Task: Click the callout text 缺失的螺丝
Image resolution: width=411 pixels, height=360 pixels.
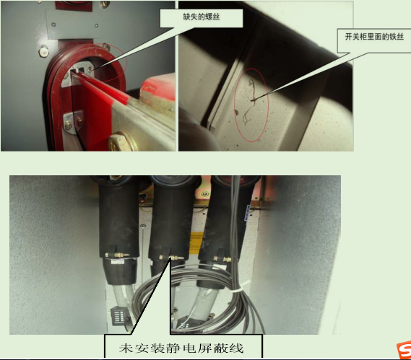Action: point(201,17)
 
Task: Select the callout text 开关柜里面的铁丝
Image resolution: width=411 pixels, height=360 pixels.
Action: point(374,37)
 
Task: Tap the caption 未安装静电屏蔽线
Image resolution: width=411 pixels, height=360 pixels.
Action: point(181,348)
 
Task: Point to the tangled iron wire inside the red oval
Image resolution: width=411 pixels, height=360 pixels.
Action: point(250,102)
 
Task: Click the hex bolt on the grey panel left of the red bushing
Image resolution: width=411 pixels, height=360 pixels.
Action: point(43,51)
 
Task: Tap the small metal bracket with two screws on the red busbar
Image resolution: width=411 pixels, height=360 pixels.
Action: point(74,121)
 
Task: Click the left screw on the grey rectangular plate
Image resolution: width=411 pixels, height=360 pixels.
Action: point(53,25)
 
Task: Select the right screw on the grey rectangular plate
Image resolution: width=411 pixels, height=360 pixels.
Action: point(96,26)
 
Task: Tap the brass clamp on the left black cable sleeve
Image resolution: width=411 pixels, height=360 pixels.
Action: point(117,255)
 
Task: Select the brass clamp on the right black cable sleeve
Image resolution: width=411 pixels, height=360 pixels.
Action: point(222,260)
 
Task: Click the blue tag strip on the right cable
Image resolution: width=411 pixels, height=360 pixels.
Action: point(247,213)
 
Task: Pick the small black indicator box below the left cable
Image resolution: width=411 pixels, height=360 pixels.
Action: point(118,317)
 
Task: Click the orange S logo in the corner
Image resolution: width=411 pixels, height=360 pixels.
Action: point(404,350)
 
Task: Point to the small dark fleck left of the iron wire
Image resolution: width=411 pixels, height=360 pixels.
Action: point(236,112)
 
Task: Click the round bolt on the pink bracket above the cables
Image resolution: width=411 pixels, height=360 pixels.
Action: point(204,194)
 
